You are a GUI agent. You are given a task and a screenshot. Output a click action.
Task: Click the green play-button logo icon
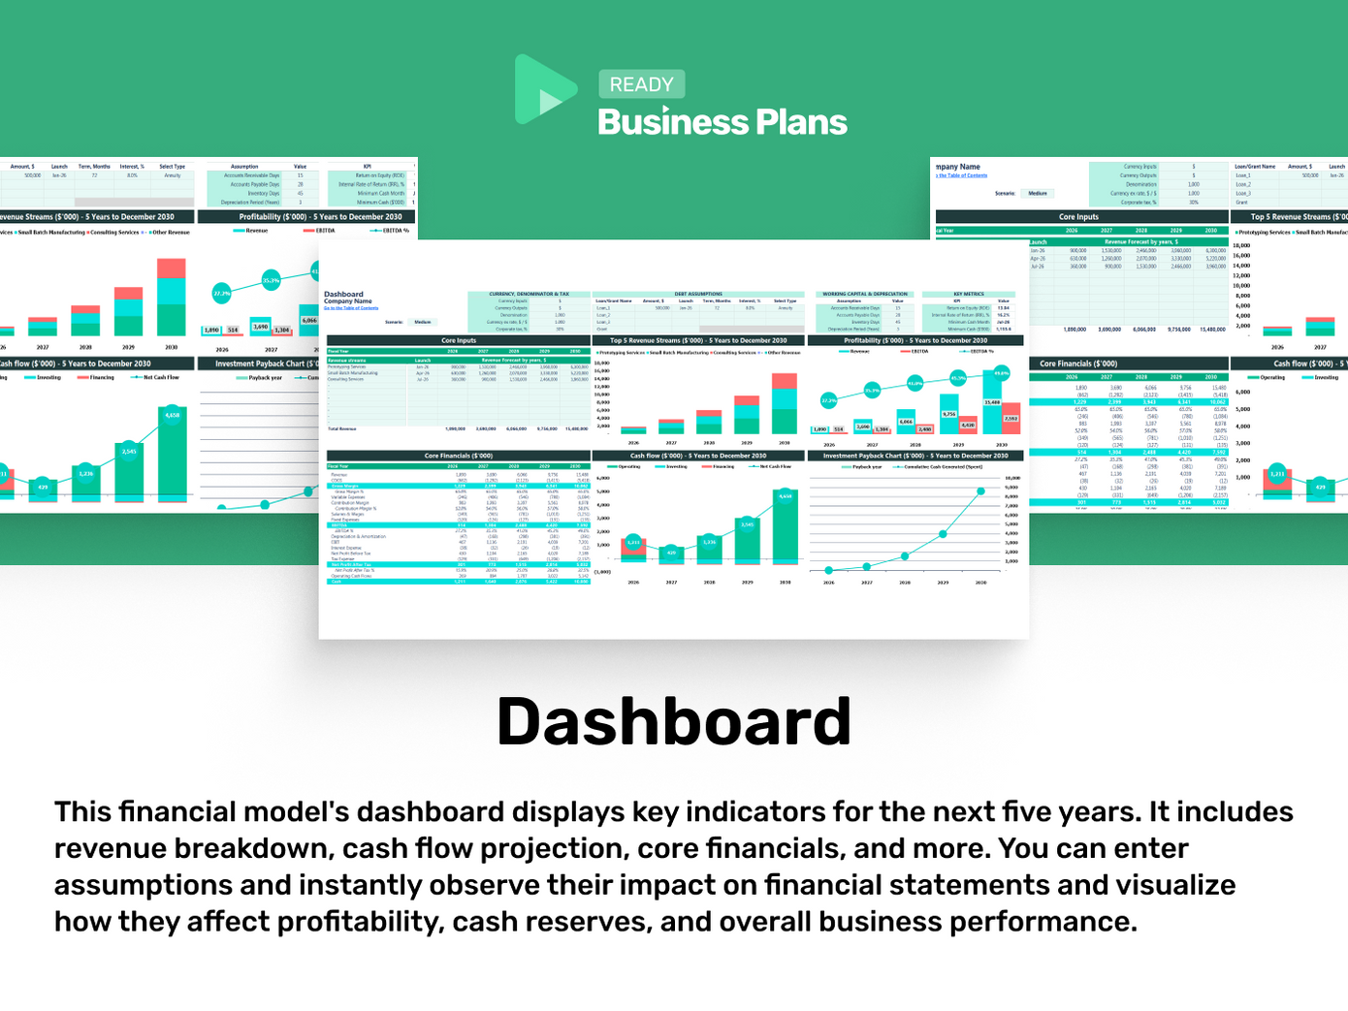(543, 89)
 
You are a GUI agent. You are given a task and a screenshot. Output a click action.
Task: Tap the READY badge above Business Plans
(641, 84)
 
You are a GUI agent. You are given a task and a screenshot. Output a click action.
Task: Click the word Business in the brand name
(671, 122)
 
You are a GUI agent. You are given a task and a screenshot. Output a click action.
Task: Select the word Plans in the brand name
(801, 122)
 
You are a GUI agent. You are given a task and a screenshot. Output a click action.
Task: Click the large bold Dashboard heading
(673, 722)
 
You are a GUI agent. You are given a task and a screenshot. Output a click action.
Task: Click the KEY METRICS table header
(968, 294)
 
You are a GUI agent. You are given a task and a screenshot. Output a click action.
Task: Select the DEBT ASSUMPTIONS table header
(698, 294)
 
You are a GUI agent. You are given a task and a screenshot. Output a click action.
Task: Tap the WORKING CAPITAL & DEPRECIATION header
(865, 294)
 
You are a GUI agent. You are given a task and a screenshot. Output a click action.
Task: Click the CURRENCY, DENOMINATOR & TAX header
(529, 294)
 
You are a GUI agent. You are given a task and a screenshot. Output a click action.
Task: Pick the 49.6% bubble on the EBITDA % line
(1001, 372)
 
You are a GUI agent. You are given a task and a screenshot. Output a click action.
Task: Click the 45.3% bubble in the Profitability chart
(958, 378)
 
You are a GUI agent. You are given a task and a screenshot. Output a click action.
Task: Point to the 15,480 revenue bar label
(992, 401)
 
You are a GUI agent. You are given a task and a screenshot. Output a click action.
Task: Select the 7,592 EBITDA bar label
(1011, 418)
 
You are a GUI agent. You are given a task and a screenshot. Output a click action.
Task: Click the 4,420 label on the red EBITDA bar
(968, 425)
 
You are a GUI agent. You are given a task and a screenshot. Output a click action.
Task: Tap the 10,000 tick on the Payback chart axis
(1011, 478)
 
